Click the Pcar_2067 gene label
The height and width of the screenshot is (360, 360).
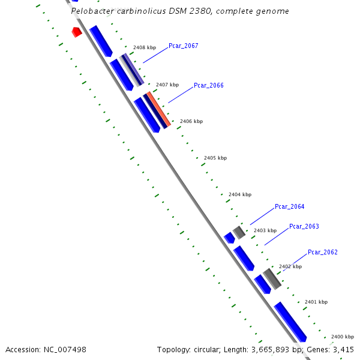pos(183,46)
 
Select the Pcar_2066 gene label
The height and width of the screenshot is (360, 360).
pos(208,86)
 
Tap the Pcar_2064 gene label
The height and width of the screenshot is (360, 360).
pos(289,207)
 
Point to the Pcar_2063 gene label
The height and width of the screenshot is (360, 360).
pos(304,227)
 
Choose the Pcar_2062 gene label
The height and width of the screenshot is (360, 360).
pos(323,253)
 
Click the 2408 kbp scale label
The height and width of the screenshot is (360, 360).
pos(144,47)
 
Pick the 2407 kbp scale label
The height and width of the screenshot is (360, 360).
pos(167,85)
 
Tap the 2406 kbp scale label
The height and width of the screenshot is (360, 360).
pos(191,122)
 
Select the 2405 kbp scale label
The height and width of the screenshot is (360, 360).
pos(215,158)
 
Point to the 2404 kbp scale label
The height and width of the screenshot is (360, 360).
pos(240,195)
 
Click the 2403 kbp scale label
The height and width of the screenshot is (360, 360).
pos(265,231)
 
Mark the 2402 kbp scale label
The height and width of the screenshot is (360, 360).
pos(290,267)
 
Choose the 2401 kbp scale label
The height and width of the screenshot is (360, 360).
pos(316,302)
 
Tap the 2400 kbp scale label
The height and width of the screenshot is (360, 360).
pos(343,337)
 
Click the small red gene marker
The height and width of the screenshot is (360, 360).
pos(77,32)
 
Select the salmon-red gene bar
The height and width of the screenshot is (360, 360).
pos(159,109)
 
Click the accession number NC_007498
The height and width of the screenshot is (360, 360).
pos(65,349)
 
